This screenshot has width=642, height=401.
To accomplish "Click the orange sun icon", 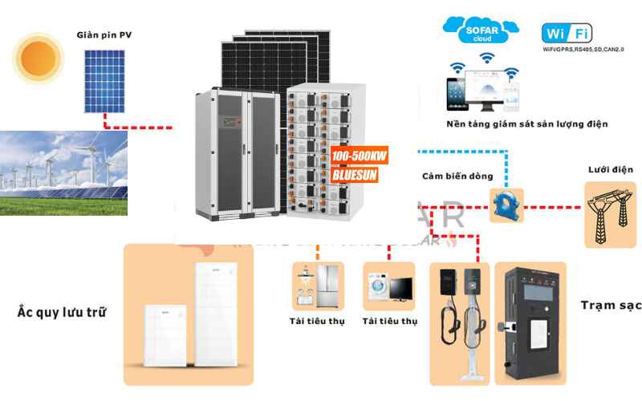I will coord(39,57).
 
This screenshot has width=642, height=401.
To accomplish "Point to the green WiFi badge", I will coord(567,34).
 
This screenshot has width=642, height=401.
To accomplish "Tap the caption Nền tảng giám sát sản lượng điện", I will coord(527,124).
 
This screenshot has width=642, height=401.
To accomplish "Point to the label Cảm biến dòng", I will coord(457,176).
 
